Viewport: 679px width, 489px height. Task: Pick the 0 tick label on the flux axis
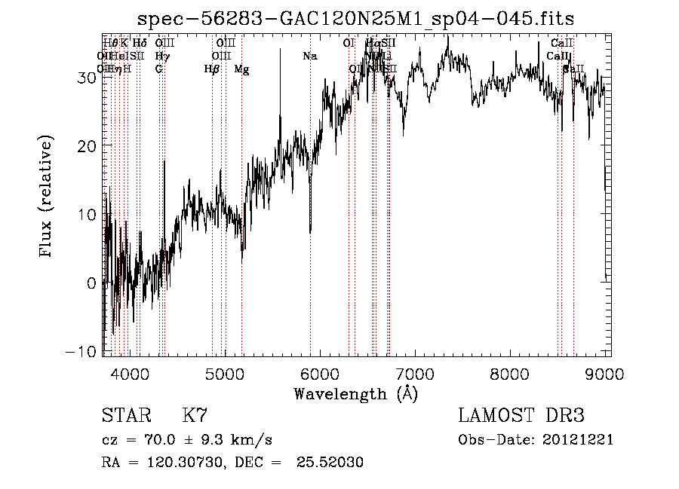point(92,283)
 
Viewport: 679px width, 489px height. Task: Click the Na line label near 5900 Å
point(309,57)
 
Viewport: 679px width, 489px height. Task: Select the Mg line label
point(241,69)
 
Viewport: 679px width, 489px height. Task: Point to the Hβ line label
point(212,69)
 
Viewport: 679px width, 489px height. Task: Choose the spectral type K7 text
point(195,416)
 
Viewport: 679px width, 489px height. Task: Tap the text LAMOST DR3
point(521,416)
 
